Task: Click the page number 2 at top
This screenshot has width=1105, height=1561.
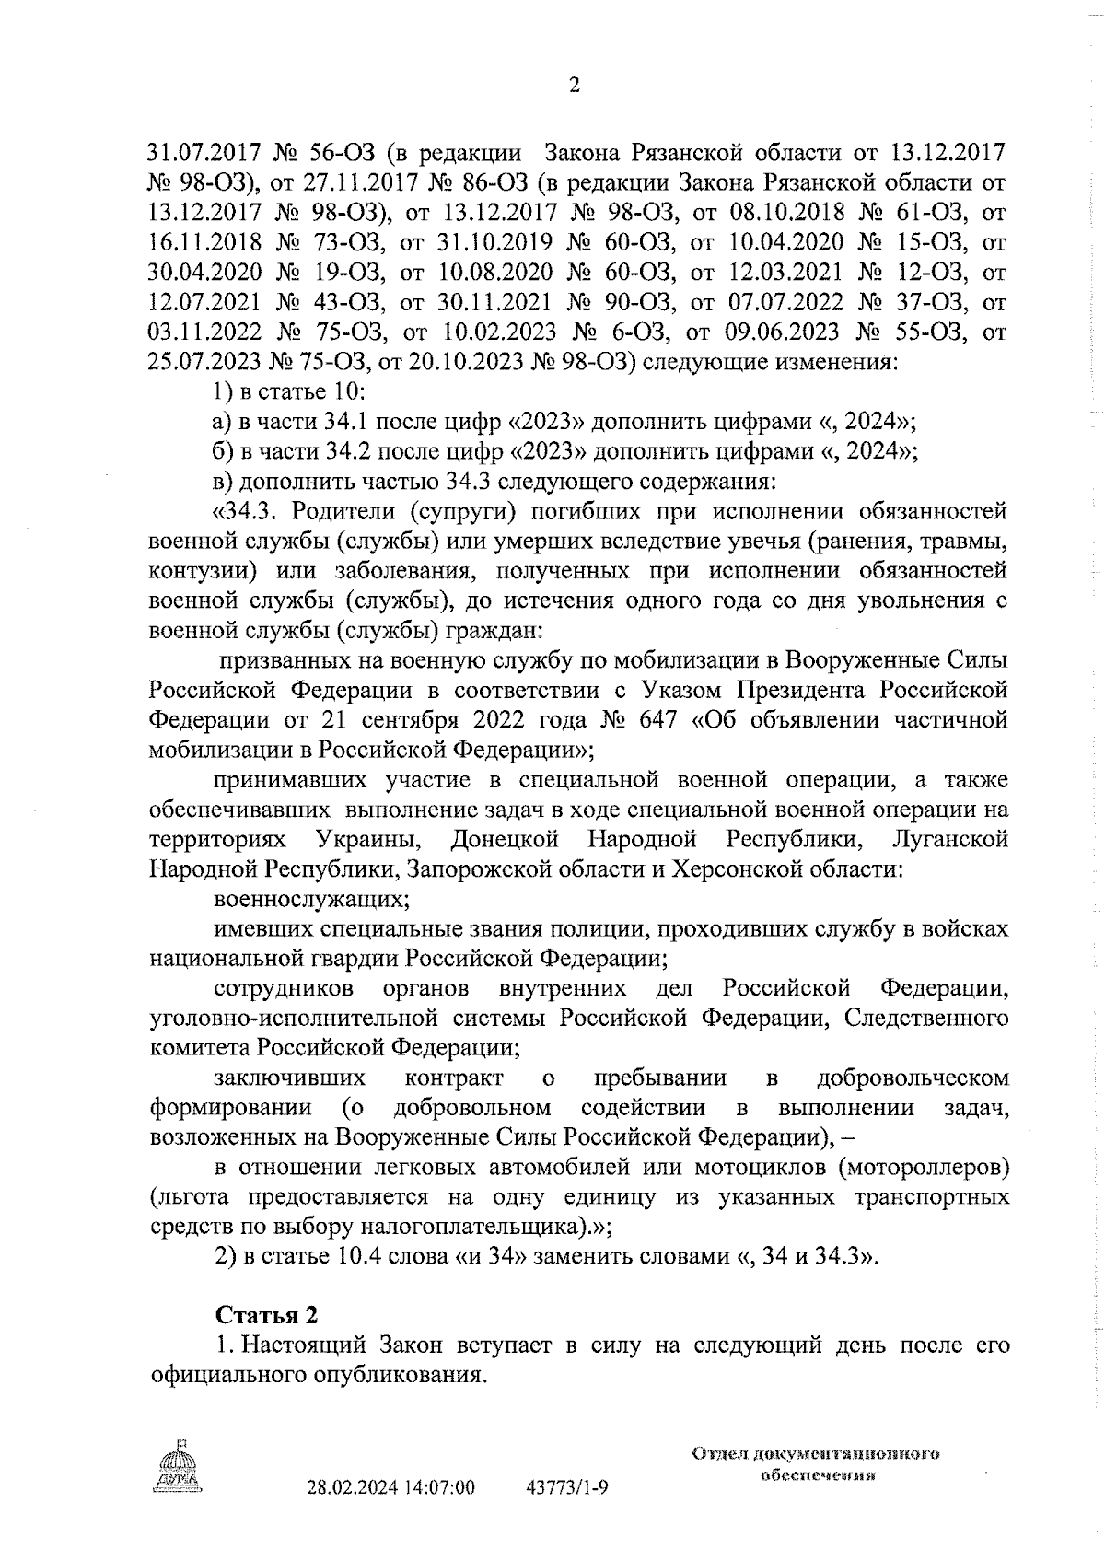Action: point(576,86)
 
